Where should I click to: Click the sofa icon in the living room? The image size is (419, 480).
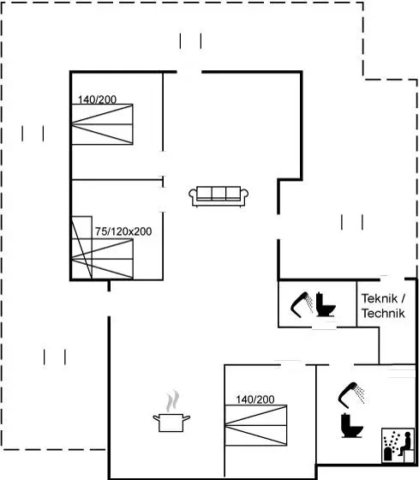(x=218, y=196)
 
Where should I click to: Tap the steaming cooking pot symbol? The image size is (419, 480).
(x=171, y=411)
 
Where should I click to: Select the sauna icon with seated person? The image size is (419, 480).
(x=398, y=446)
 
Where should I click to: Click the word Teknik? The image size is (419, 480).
(x=380, y=298)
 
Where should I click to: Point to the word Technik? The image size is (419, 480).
(x=383, y=313)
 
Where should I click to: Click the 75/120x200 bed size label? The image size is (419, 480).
(x=123, y=231)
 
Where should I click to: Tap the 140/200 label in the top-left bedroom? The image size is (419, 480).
(x=97, y=99)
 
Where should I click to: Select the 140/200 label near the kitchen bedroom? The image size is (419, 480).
(x=255, y=399)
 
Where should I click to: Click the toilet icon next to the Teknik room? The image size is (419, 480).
(x=325, y=304)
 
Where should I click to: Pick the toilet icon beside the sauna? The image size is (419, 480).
(x=351, y=425)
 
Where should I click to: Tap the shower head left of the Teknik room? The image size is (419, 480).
(x=302, y=305)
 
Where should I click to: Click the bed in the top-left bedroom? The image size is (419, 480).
(x=102, y=124)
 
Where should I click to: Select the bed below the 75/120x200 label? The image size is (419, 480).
(x=102, y=259)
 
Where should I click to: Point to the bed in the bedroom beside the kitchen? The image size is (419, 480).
(x=256, y=425)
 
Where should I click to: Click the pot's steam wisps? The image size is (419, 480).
(x=172, y=400)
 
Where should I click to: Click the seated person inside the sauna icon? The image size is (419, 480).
(x=406, y=441)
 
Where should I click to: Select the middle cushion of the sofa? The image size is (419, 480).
(x=218, y=193)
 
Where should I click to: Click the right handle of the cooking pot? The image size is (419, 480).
(x=187, y=417)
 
